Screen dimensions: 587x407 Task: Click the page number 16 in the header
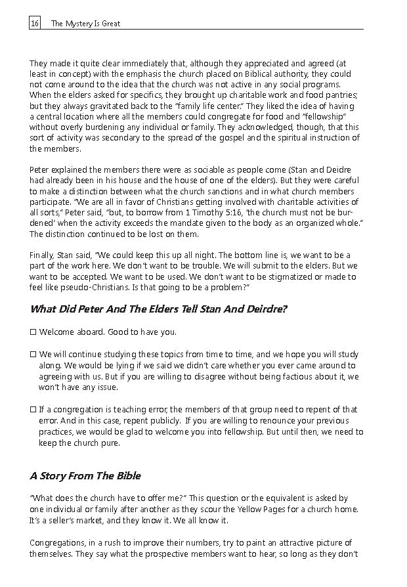[35, 24]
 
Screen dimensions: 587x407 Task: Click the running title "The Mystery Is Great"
[85, 24]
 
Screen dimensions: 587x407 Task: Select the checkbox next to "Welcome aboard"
[33, 332]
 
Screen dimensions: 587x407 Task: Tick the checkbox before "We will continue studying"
[33, 354]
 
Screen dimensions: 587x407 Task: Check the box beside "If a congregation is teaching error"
[33, 410]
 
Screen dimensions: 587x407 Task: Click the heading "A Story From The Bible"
[85, 475]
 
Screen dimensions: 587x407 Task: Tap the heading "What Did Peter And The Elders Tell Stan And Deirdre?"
[158, 309]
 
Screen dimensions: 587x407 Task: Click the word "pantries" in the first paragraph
[340, 95]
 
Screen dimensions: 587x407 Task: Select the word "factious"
[274, 376]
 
